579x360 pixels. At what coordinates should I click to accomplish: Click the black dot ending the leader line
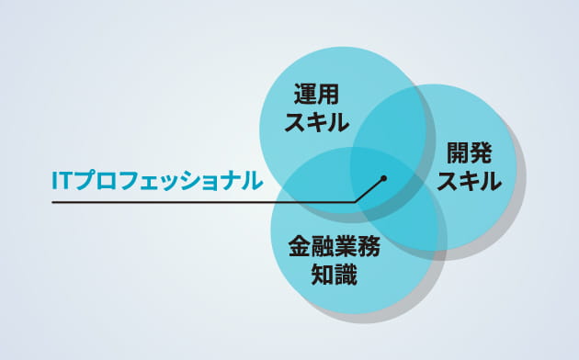pos(384,178)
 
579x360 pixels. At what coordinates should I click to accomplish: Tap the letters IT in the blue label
pos(62,180)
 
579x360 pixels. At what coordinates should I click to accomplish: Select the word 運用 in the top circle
pos(318,95)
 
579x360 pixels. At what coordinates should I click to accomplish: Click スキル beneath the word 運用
pos(318,120)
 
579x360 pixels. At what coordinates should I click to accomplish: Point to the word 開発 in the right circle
pos(469,153)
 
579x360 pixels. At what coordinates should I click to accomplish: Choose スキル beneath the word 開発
pos(469,181)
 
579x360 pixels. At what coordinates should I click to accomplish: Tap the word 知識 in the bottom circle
pos(334,275)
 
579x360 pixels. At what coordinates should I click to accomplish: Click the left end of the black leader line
pos(53,201)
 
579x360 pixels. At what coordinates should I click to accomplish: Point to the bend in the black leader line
pos(355,200)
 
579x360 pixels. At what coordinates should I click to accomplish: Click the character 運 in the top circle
pos(306,95)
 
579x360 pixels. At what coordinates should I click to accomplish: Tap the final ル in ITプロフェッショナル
pos(251,180)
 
